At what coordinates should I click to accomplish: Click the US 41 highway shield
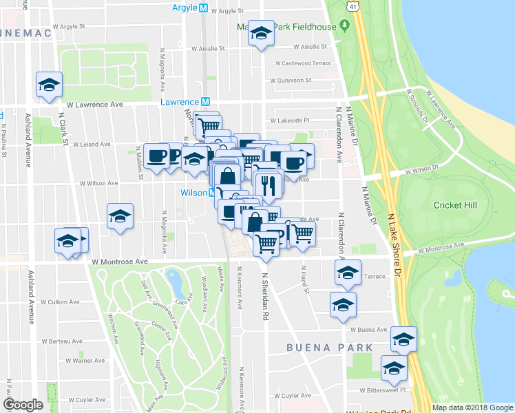[353, 6]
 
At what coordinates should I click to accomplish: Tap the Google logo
[23, 405]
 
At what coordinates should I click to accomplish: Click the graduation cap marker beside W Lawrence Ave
[50, 85]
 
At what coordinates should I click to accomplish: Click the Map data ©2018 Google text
[472, 407]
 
